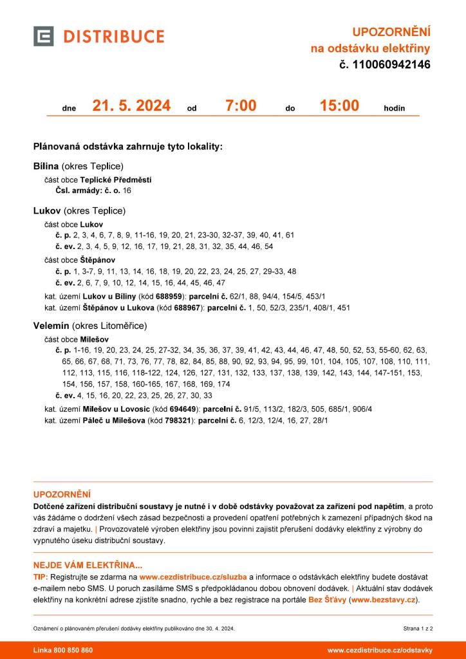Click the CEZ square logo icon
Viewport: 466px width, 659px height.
(43, 36)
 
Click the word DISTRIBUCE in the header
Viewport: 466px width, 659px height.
(113, 36)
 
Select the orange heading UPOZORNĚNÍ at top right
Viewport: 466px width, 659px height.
(391, 32)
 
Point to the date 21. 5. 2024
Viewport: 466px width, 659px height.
(131, 106)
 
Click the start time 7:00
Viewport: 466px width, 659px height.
(241, 106)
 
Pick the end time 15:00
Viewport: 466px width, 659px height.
(339, 106)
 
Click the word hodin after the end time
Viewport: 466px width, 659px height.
(394, 108)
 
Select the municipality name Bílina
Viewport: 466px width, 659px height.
(46, 166)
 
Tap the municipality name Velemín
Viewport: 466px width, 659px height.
(51, 326)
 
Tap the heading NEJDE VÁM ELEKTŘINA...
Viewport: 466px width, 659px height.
(88, 565)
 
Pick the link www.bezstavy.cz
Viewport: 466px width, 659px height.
(384, 600)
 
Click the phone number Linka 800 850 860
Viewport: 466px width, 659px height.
(63, 650)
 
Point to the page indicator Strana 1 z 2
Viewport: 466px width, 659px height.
(418, 627)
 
